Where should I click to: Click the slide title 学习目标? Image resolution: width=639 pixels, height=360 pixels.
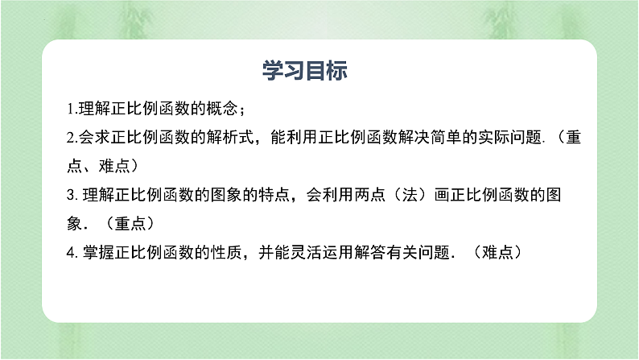[305, 71]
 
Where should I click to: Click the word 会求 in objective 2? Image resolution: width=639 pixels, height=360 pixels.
[93, 138]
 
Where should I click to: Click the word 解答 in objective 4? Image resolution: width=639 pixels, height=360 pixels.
[386, 252]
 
